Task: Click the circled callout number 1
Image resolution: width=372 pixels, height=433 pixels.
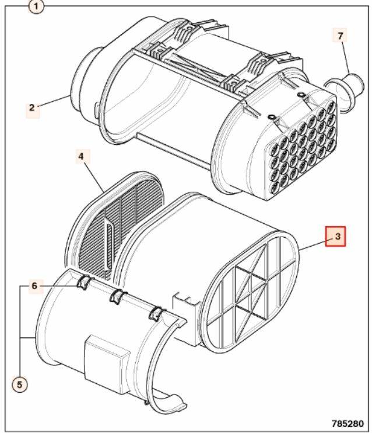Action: point(36,6)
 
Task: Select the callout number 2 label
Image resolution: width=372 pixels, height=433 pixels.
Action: point(32,108)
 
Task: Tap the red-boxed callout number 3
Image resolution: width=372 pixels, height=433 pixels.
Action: point(336,237)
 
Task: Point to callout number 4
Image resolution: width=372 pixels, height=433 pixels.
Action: point(81,157)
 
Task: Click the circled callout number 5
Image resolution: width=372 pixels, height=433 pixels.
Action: point(19,384)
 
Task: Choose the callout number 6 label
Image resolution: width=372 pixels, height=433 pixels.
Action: point(34,286)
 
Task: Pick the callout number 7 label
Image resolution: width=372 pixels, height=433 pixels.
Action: point(341,36)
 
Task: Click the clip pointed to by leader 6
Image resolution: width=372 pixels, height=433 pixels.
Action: point(83,282)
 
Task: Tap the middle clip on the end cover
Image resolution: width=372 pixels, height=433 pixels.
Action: point(118,297)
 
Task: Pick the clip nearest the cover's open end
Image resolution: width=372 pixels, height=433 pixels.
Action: point(156,314)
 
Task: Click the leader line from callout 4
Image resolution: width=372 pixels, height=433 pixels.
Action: point(94,177)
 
